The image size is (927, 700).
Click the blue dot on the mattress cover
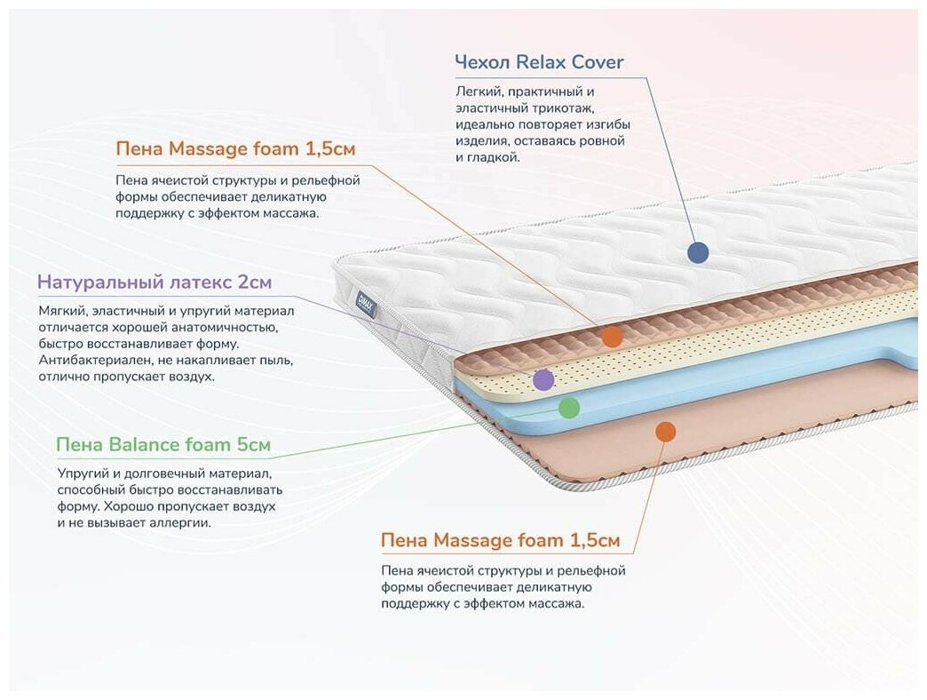click(698, 252)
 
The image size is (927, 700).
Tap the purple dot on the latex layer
click(543, 380)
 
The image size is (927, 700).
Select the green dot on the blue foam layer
click(569, 408)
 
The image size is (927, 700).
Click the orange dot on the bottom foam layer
click(665, 432)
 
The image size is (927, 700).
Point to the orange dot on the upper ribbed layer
click(612, 336)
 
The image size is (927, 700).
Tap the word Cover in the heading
click(598, 62)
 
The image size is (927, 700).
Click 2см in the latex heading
click(255, 283)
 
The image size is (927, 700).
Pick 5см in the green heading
click(252, 444)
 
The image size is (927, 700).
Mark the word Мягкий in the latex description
click(61, 312)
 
